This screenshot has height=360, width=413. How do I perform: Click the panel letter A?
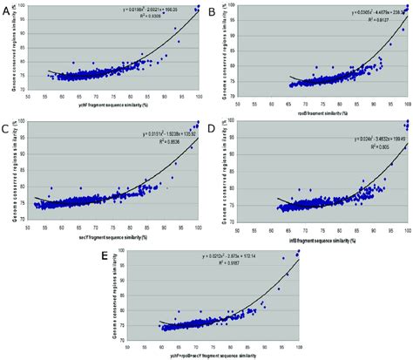click(7, 10)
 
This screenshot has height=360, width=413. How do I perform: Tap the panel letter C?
click(7, 131)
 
